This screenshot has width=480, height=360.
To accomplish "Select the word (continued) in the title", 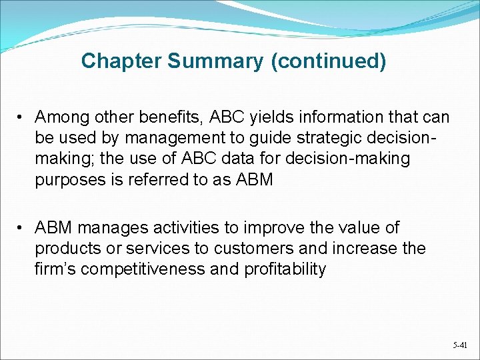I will [x=328, y=61].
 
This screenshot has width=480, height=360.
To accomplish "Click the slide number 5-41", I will [x=459, y=345].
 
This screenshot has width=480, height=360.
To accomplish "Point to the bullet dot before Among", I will [x=22, y=118].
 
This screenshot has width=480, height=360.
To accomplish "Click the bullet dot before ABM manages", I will [x=22, y=228].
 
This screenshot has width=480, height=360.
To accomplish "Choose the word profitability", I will [x=285, y=269].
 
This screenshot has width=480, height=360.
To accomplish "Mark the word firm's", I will [x=56, y=269].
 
